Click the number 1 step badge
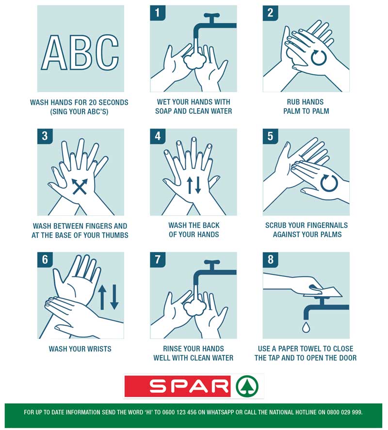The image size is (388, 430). click(x=158, y=13)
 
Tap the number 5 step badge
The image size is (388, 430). click(x=270, y=136)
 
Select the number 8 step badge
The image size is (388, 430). click(x=270, y=259)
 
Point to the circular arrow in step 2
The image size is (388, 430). click(x=318, y=58)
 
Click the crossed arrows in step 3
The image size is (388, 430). click(x=80, y=187)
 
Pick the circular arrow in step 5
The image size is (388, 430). click(x=329, y=183)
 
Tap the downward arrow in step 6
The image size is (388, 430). click(x=114, y=297)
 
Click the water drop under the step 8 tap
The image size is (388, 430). click(x=306, y=327)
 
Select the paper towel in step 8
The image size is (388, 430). click(x=324, y=291)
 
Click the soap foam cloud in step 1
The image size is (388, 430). click(x=194, y=62)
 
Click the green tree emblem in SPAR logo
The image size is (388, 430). click(x=247, y=386)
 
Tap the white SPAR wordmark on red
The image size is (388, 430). click(x=189, y=386)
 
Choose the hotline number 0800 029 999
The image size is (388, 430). click(x=345, y=412)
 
